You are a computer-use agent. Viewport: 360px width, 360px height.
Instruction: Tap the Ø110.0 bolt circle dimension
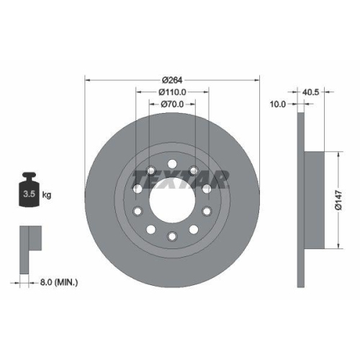pos(172,91)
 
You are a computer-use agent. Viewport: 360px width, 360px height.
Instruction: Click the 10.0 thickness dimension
pos(278,104)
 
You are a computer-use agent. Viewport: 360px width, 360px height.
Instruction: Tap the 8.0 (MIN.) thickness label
pos(60,282)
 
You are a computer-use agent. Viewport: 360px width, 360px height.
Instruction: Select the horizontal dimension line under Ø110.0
pos(171,98)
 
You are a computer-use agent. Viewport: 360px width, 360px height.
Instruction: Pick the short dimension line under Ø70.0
pos(171,110)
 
